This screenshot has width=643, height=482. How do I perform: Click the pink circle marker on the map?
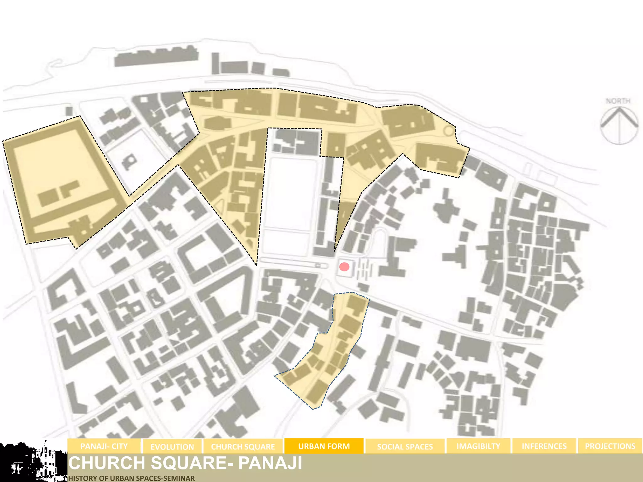click(344, 267)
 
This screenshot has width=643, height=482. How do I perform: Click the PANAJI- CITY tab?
click(104, 446)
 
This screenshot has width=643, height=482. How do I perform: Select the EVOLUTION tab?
click(172, 447)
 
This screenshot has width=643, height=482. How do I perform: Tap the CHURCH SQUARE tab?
click(243, 447)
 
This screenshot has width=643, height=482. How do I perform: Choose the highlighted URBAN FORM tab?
click(324, 446)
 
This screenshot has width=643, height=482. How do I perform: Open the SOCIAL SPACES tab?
click(405, 447)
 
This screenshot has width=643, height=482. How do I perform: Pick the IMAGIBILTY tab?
click(478, 446)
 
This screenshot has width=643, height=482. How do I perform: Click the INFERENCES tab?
click(544, 446)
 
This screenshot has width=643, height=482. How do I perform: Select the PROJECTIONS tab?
click(610, 446)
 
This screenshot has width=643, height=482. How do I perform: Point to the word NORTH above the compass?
click(618, 101)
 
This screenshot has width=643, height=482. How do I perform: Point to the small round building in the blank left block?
click(129, 162)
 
